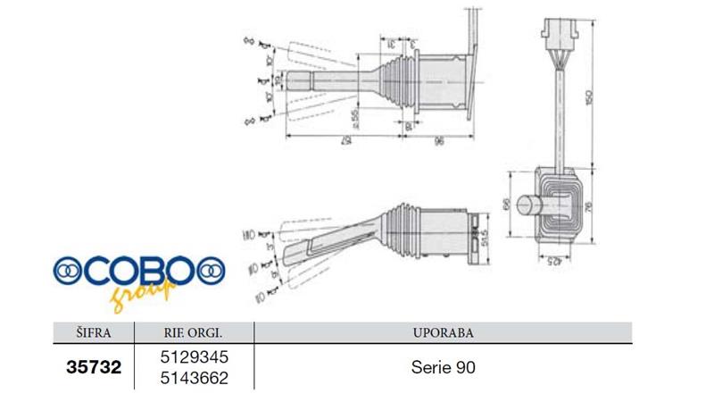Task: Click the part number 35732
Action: click(x=93, y=367)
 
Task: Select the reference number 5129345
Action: click(x=194, y=357)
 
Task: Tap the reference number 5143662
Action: click(x=194, y=378)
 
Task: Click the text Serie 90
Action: click(x=443, y=367)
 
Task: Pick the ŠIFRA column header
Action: click(x=93, y=332)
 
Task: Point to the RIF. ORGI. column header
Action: click(x=194, y=332)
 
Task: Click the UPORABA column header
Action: click(x=444, y=332)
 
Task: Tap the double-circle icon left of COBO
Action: click(x=69, y=269)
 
